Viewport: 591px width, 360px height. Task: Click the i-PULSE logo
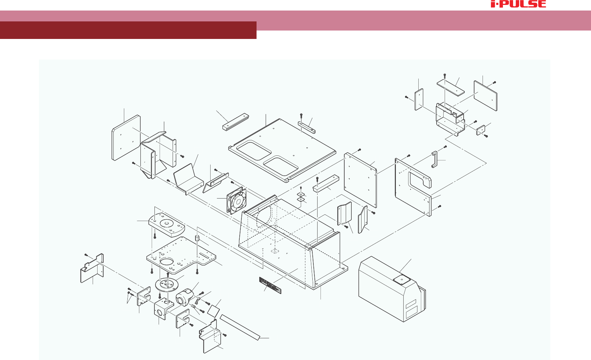coord(518,4)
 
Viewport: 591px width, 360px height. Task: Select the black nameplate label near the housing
coord(270,285)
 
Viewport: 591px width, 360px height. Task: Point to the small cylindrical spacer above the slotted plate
coord(197,238)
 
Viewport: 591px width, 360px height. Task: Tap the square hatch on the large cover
coord(401,279)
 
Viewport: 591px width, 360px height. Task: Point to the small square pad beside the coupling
coord(213,311)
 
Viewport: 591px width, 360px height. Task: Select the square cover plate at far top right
coord(485,95)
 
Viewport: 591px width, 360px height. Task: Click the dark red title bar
coord(128,30)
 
